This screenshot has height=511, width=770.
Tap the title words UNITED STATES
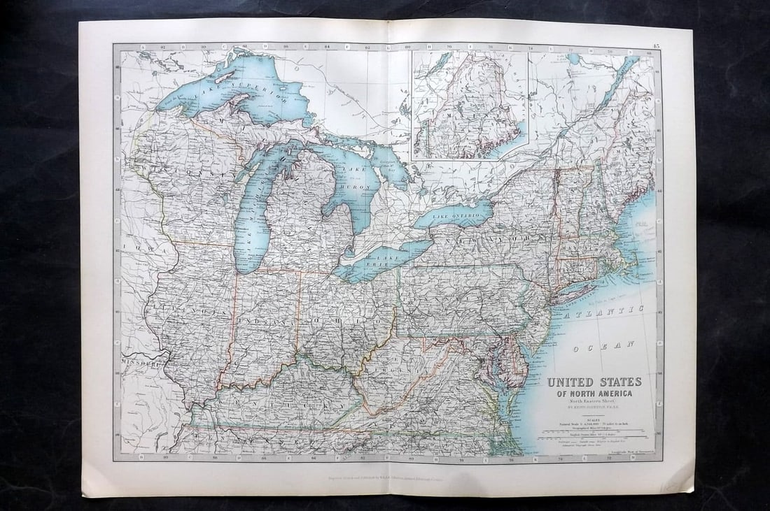(594, 382)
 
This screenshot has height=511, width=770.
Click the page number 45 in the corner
(654, 46)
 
